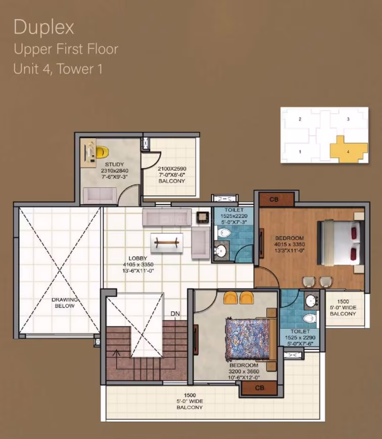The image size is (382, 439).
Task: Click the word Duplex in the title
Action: point(44,27)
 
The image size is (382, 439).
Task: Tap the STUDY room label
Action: point(114,164)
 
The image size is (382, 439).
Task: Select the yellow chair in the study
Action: point(102,152)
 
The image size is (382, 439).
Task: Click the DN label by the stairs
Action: point(175,314)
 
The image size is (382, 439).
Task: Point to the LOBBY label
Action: point(137,258)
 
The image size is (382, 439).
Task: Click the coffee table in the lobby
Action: point(167,242)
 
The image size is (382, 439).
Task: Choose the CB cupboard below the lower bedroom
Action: point(259,388)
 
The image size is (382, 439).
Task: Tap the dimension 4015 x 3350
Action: point(290,244)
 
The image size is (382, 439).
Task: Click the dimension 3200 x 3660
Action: point(244,371)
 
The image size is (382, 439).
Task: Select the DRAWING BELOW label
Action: point(65,303)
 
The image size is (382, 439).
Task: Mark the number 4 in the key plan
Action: point(348,152)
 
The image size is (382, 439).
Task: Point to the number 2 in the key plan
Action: point(300,119)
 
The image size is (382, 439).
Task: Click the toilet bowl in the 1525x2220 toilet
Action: point(223,233)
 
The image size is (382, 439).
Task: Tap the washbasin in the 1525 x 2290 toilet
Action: point(311,301)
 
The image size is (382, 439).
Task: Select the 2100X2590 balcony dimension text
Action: point(172,169)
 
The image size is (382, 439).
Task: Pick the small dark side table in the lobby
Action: point(202,217)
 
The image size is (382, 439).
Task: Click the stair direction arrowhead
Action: point(116,353)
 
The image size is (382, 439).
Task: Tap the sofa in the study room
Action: point(100,196)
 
